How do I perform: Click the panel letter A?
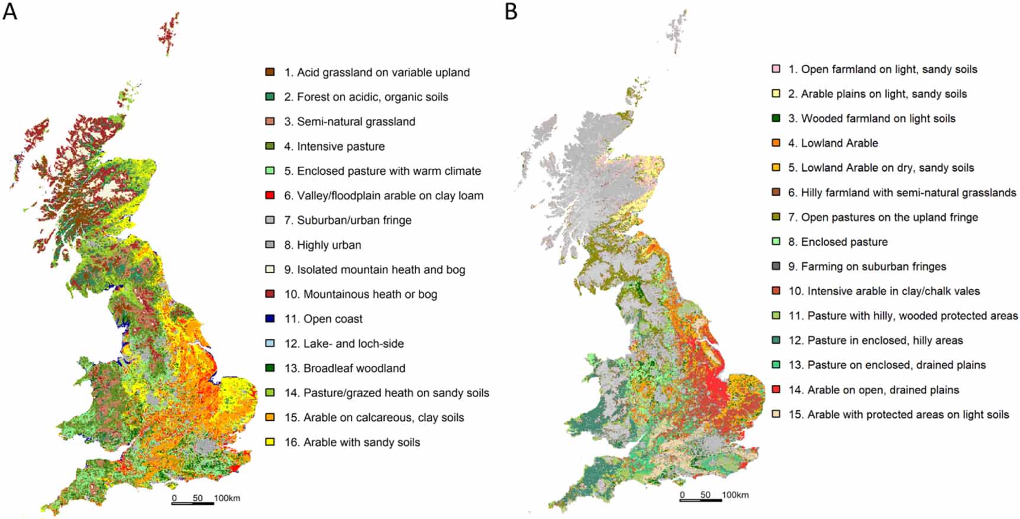click(10, 11)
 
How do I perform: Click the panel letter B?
click(511, 11)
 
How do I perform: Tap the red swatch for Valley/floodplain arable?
click(270, 195)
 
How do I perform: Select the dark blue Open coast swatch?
click(270, 319)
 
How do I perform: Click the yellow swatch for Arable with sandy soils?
click(270, 442)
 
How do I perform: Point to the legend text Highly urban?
click(329, 245)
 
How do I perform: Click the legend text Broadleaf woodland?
click(354, 368)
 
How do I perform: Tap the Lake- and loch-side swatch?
click(270, 343)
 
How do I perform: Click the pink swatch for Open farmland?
click(776, 69)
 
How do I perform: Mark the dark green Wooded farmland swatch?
click(776, 118)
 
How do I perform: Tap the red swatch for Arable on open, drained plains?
click(776, 390)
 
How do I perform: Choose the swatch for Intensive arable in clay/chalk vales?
click(776, 291)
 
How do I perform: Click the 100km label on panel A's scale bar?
click(227, 498)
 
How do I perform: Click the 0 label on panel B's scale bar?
click(682, 495)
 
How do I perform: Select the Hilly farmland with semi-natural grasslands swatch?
click(776, 192)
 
